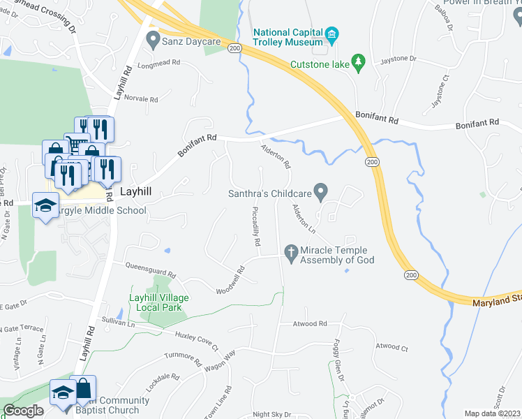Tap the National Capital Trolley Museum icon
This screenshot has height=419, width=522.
(x=332, y=34)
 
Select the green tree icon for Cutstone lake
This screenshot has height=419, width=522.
(x=359, y=64)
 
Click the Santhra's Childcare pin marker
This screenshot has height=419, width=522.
(x=320, y=190)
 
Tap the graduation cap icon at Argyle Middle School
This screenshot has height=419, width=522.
(x=47, y=206)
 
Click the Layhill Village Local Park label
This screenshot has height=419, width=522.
(x=158, y=302)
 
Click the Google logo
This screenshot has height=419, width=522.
(x=23, y=410)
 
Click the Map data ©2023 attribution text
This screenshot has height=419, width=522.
(x=492, y=413)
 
